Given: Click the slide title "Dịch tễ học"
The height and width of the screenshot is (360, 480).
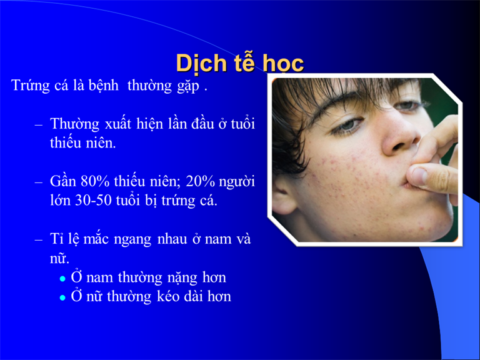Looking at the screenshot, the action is tap(240, 63).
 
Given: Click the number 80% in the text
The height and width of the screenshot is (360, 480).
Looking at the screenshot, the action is tap(95, 181).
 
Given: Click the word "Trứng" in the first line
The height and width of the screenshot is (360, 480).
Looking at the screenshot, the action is tap(31, 86).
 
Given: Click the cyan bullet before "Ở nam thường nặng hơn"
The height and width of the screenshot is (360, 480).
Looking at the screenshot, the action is tap(62, 279).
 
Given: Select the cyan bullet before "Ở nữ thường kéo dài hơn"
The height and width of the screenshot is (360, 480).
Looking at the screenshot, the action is tap(62, 297).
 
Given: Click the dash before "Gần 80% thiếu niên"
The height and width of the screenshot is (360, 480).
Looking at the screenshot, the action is tap(39, 182).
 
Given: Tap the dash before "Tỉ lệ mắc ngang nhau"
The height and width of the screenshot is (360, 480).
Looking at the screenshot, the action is tap(39, 240).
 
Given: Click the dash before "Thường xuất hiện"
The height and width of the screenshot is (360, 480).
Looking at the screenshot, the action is tap(39, 125).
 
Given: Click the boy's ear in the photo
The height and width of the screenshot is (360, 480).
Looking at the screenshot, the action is tap(282, 196).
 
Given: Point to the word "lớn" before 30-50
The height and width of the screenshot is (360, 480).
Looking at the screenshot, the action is tap(61, 201).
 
